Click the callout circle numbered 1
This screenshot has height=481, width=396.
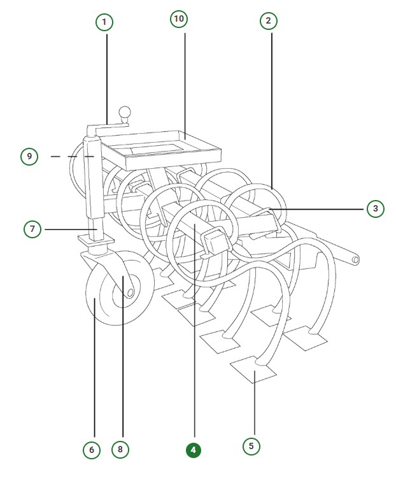[104, 22]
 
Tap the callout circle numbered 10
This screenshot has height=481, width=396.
[179, 18]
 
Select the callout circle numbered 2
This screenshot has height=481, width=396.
[269, 21]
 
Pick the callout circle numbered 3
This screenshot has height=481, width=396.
[376, 208]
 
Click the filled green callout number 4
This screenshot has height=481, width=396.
[194, 450]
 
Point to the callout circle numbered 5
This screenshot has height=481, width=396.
[251, 446]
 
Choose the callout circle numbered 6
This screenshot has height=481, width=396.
[92, 450]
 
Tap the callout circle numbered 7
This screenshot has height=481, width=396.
[32, 229]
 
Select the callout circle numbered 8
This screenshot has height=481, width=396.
[120, 449]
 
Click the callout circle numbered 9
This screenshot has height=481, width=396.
[29, 157]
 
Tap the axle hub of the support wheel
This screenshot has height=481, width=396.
[130, 293]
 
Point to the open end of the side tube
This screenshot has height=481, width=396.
[355, 259]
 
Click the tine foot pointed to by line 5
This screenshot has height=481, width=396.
[253, 370]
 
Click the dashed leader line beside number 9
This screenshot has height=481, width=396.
[73, 157]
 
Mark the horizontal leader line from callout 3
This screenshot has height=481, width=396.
[316, 210]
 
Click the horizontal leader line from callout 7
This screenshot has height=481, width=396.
[71, 229]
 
